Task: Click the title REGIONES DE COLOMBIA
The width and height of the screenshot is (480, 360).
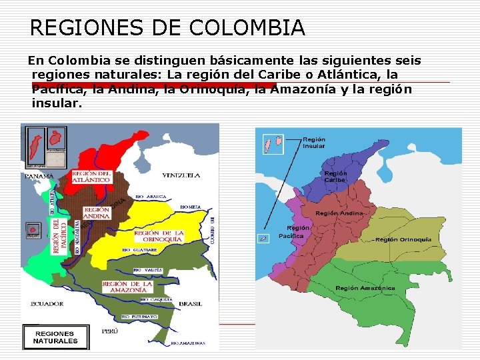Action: (167, 28)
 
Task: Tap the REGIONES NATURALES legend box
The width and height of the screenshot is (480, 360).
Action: (55, 337)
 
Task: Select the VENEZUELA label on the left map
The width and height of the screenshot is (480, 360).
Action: (181, 175)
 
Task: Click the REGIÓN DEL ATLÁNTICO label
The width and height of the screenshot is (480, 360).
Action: (91, 177)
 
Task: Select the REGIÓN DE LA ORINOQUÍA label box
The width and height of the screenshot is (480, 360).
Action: (159, 236)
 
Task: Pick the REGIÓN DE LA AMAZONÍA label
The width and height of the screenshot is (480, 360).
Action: (127, 287)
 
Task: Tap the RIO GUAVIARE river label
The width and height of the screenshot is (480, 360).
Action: (139, 250)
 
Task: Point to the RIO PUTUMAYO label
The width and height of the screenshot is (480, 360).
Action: (138, 316)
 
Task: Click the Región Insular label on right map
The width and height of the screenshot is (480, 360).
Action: (314, 143)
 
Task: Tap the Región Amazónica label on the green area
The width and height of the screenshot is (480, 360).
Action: (365, 288)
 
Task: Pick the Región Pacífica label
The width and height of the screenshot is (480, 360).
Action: (291, 231)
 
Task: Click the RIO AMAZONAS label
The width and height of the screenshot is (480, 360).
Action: (187, 344)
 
